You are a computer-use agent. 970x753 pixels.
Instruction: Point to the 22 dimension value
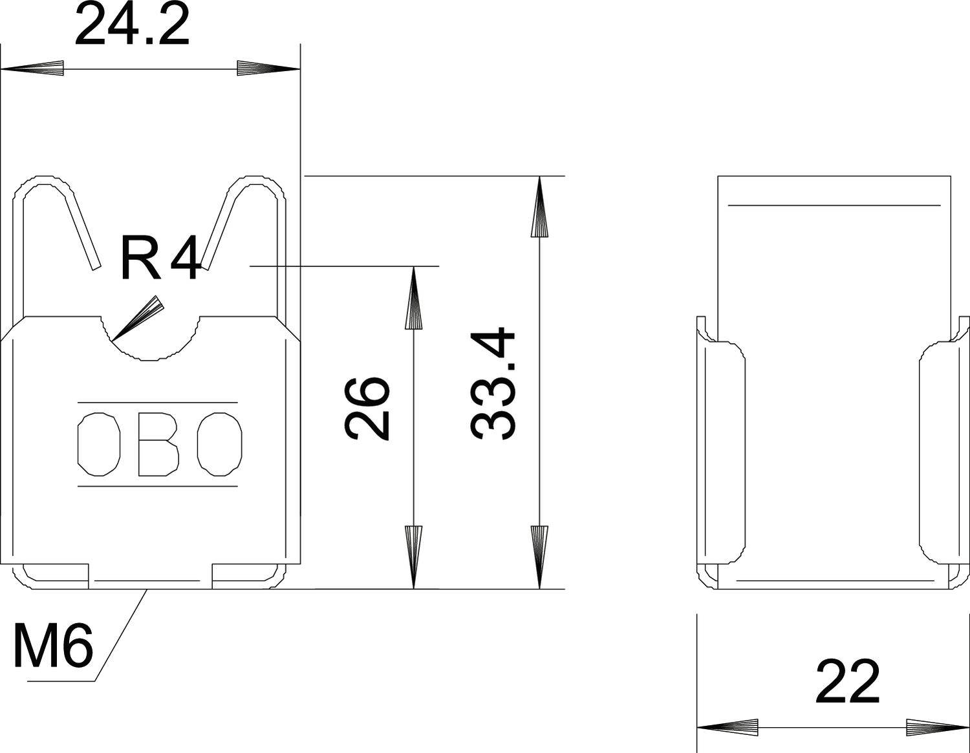[847, 683]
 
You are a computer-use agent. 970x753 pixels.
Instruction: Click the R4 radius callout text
[160, 260]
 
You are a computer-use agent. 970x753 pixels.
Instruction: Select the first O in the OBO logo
[99, 444]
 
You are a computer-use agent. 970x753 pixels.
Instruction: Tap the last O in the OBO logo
[220, 444]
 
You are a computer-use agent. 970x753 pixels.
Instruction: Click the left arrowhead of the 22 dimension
[727, 726]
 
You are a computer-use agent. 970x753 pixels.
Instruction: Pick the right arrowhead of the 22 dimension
[938, 726]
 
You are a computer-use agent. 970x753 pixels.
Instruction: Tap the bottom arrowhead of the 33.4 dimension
[539, 556]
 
